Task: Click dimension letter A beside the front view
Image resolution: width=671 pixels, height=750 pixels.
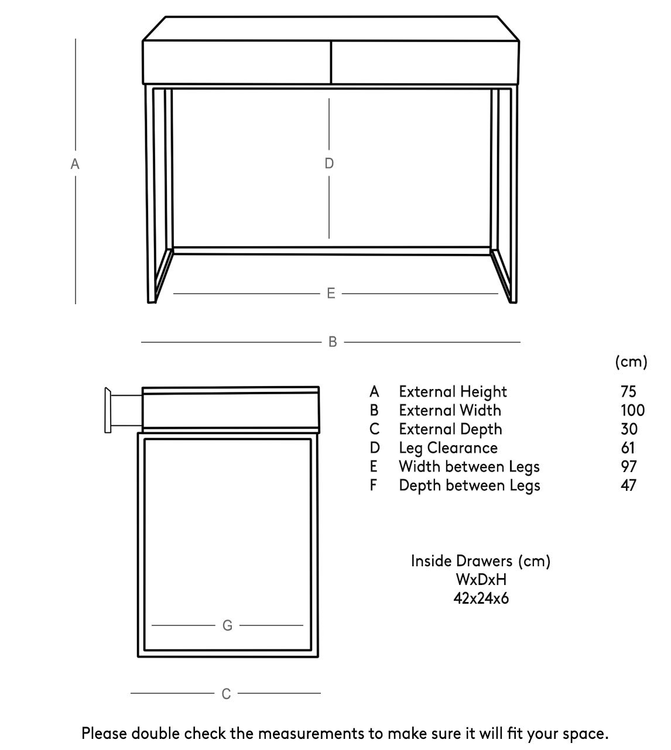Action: (x=75, y=164)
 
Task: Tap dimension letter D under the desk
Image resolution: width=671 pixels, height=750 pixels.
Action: (x=329, y=163)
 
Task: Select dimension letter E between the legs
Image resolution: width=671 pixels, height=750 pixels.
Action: (x=331, y=293)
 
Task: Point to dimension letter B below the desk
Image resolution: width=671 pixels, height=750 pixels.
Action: (x=333, y=342)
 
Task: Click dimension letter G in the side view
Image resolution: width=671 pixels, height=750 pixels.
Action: (x=228, y=625)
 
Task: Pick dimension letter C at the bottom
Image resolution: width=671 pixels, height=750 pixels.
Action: (x=227, y=694)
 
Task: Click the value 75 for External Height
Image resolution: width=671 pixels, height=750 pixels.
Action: (x=628, y=391)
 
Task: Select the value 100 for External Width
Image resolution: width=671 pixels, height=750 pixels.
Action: (x=632, y=410)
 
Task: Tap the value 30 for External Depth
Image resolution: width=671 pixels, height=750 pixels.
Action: (x=629, y=429)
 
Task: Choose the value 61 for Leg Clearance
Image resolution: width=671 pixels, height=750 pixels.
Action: (x=628, y=448)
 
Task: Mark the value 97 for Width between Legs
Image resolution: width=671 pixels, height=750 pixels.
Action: (x=629, y=466)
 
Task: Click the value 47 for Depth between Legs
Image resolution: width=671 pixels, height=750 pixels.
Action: (x=628, y=485)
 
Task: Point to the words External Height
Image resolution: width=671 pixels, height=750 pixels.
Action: (x=453, y=391)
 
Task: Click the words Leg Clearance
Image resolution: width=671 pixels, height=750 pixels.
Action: (x=448, y=448)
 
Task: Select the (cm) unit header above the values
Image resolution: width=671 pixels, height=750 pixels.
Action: (x=631, y=362)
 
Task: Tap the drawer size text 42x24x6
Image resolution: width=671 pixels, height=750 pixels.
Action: (x=481, y=598)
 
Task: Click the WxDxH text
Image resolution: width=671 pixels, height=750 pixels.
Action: (x=481, y=580)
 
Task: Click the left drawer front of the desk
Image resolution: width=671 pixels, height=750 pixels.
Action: (x=237, y=62)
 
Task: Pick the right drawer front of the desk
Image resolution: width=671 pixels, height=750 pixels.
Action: (x=425, y=62)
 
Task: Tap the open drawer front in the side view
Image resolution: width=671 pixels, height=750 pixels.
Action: (x=108, y=410)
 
